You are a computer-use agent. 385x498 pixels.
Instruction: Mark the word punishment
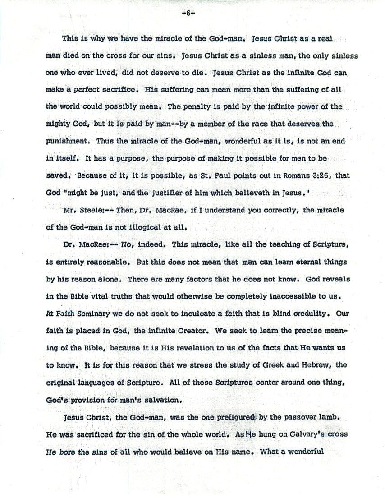[x=66, y=141]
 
